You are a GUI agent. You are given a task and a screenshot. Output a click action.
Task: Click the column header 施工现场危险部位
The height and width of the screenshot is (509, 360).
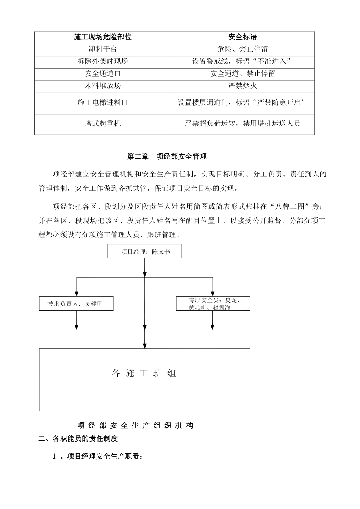pos(103,37)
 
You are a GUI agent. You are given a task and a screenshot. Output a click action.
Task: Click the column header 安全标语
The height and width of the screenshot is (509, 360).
pos(243,37)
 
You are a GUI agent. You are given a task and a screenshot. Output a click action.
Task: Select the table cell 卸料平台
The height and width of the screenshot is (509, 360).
pos(103,49)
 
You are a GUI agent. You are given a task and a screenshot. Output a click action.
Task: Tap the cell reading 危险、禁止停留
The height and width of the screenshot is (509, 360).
pos(243,49)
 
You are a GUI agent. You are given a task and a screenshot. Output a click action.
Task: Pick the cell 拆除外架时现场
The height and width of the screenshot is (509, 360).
pos(103,61)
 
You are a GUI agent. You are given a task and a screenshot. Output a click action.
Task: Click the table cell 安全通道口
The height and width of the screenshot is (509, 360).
pos(103,73)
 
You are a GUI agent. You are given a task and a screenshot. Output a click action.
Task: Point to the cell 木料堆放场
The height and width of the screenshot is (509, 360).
pos(103,86)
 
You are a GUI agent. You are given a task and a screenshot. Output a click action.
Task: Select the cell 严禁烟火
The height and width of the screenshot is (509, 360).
pos(243,86)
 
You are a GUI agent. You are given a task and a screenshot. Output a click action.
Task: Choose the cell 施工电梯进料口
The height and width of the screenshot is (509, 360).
pos(103,103)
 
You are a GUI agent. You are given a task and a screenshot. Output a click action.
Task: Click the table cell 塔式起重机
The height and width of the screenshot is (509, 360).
pos(103,123)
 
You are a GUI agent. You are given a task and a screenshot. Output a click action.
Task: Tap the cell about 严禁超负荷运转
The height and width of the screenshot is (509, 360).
pos(243,123)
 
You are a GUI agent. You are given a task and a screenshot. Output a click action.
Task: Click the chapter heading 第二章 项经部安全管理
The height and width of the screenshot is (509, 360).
pos(167,156)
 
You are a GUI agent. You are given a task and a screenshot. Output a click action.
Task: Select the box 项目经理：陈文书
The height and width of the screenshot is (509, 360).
pos(144,251)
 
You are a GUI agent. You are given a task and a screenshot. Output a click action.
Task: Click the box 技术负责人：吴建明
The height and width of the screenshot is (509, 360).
pos(76,304)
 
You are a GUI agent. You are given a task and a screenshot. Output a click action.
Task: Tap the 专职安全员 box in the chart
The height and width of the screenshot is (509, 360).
pos(213,304)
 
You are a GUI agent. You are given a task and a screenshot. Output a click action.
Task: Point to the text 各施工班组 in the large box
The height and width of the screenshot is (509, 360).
pos(144,373)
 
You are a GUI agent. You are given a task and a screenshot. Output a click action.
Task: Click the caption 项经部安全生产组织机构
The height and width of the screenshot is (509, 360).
pos(135,426)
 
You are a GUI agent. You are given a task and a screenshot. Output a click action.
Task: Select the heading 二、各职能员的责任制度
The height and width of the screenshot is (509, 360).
pos(78,439)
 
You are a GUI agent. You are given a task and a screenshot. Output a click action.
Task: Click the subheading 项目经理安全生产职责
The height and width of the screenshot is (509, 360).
pos(97,456)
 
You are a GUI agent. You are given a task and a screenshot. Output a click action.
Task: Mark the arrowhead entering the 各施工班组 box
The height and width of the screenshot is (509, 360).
pos(144,346)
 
